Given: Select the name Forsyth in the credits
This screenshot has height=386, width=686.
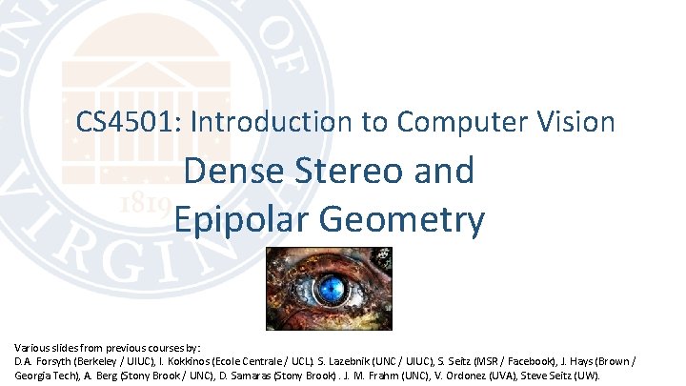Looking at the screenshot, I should click(60, 363).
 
